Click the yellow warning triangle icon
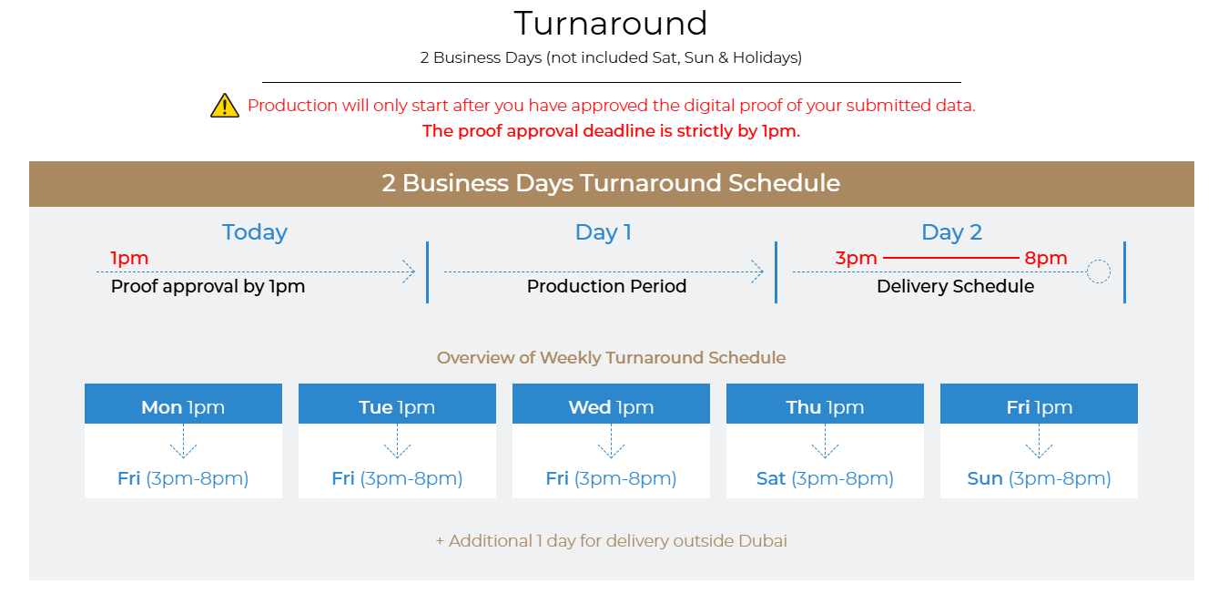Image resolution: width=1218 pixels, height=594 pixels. (x=225, y=106)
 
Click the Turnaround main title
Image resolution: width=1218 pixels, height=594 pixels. (x=611, y=24)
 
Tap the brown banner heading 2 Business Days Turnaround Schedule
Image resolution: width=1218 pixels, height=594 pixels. (x=611, y=183)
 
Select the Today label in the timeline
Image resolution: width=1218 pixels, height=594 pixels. (x=255, y=232)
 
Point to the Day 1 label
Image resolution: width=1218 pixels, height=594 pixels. (x=604, y=232)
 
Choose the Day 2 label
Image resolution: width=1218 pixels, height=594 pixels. (x=951, y=232)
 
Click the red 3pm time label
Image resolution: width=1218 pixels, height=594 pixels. (x=857, y=258)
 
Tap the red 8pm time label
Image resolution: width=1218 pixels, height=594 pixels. (x=1046, y=258)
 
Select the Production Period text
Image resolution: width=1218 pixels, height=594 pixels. (x=607, y=286)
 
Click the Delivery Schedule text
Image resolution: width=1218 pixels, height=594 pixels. (x=955, y=286)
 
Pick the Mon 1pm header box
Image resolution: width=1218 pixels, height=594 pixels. (x=183, y=404)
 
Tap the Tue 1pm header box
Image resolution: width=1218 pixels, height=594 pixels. (x=397, y=404)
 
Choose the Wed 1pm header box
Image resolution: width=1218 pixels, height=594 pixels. (x=611, y=404)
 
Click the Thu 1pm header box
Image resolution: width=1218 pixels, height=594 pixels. (x=825, y=404)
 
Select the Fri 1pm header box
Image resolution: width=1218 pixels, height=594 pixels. (x=1039, y=404)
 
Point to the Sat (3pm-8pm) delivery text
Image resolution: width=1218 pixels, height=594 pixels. (x=825, y=478)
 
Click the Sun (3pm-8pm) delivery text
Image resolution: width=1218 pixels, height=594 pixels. (x=1039, y=478)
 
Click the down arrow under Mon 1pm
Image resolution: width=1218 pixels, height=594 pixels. (x=183, y=442)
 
